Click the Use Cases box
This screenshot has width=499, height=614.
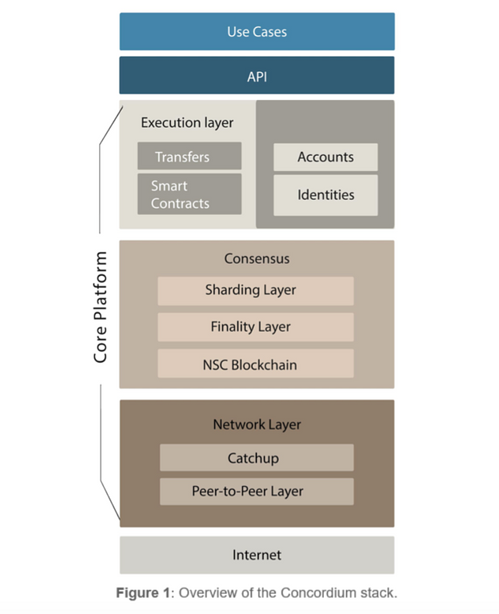(x=257, y=32)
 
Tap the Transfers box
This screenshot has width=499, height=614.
(x=189, y=157)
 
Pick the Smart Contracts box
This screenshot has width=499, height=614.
(x=189, y=194)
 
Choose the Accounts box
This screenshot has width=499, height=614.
(x=325, y=157)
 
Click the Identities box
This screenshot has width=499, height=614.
(x=325, y=195)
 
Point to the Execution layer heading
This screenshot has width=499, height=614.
(x=187, y=123)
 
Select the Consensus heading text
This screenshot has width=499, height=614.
(x=257, y=259)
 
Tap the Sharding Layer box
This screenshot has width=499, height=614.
(x=255, y=290)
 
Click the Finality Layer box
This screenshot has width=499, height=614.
(x=255, y=327)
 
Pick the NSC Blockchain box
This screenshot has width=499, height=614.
(x=255, y=365)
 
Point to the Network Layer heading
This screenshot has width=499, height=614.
(x=257, y=425)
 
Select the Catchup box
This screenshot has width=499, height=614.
(x=257, y=459)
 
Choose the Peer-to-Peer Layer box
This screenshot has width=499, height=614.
(x=257, y=492)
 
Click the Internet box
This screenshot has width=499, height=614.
(x=257, y=555)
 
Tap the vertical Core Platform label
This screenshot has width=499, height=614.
(x=101, y=307)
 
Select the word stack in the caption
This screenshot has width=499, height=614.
(x=377, y=593)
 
